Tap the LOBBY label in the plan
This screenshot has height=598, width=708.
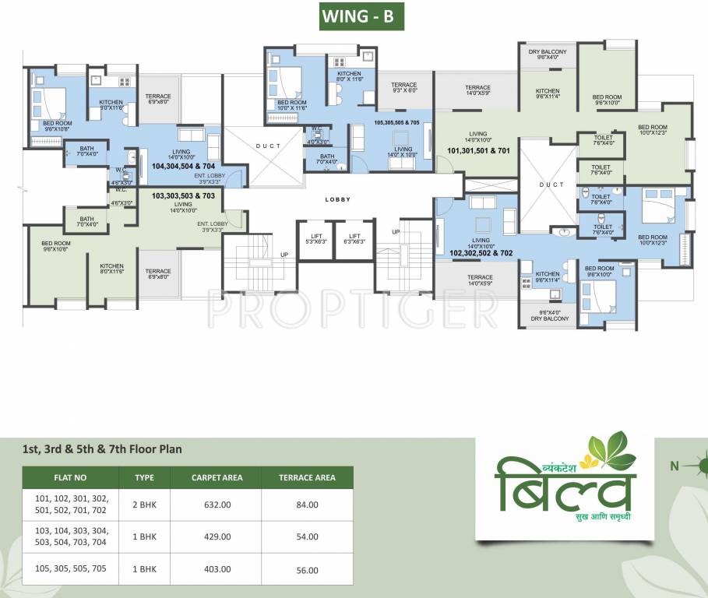[337, 199]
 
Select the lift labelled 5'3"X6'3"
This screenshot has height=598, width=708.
[315, 238]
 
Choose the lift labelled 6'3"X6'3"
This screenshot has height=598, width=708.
[354, 238]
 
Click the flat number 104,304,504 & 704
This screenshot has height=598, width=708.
[183, 166]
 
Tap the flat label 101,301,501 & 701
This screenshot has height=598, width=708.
[479, 149]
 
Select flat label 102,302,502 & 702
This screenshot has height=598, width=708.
[481, 252]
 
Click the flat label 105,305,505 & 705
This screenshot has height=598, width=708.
[396, 122]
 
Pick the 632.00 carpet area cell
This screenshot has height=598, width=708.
[212, 505]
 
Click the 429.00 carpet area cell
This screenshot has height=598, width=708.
[212, 536]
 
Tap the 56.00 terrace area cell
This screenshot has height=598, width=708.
[307, 570]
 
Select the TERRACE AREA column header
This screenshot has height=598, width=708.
[307, 477]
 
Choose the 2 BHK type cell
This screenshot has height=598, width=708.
[144, 505]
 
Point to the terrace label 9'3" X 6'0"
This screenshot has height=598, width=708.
[403, 88]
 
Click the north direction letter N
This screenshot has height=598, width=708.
[675, 466]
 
